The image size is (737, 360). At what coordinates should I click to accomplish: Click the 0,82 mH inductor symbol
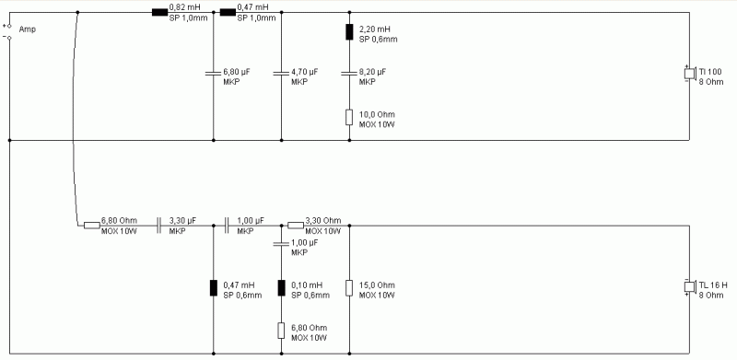click(x=159, y=13)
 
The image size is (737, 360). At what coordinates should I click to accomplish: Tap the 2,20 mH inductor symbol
click(x=349, y=33)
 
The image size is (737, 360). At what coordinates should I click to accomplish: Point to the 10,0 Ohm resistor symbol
click(x=349, y=116)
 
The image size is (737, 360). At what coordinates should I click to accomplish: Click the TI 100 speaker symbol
click(x=688, y=75)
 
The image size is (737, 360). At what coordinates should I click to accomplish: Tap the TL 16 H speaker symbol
click(x=688, y=287)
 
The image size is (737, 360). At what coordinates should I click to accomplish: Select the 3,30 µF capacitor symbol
click(x=159, y=224)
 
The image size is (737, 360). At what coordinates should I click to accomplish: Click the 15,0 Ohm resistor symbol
click(x=349, y=287)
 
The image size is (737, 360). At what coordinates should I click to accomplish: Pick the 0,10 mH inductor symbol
click(x=281, y=287)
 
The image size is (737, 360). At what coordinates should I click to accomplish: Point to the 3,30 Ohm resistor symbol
click(x=295, y=224)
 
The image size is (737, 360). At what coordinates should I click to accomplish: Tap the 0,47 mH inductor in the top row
click(x=228, y=13)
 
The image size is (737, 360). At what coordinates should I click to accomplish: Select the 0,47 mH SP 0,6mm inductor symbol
click(x=214, y=287)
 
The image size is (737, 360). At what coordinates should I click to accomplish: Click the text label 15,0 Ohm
click(x=377, y=284)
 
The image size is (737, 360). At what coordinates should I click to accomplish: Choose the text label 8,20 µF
click(x=373, y=71)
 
